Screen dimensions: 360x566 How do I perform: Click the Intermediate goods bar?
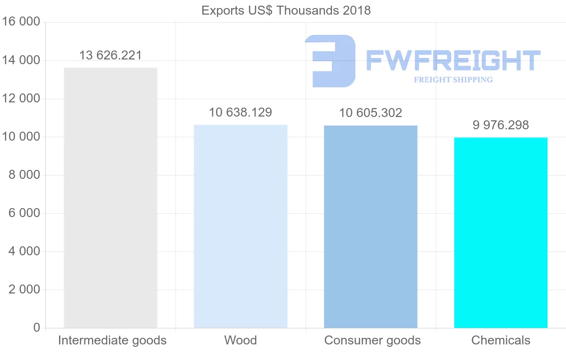110,198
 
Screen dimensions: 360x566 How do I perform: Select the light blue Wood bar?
241,226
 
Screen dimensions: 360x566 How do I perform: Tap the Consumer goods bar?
371,226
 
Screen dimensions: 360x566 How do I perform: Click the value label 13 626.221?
110,55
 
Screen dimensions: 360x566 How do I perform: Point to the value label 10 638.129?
241,112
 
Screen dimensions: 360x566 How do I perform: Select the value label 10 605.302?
371,113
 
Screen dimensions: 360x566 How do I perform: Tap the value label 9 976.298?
501,125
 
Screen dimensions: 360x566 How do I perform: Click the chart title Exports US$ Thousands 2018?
286,10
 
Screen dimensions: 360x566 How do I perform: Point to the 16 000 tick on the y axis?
21,22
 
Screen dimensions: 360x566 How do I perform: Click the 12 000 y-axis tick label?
21,99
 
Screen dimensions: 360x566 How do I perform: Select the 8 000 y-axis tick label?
24,175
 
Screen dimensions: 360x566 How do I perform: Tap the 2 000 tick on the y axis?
24,290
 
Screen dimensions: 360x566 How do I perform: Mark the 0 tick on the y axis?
37,328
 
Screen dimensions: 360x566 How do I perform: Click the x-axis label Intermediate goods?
112,340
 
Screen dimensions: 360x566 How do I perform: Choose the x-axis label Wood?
241,340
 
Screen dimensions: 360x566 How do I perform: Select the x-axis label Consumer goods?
373,340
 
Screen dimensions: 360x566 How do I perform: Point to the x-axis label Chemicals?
501,340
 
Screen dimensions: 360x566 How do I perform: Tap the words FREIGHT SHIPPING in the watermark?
453,80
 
